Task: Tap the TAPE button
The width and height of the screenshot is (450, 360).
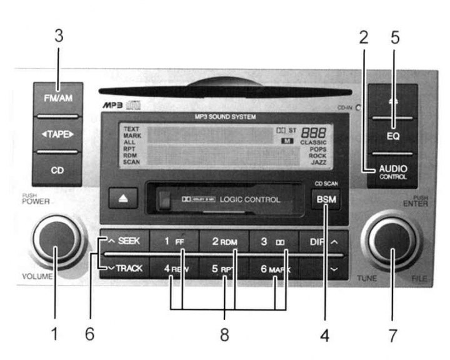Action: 57,134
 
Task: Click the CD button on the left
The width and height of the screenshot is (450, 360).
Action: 57,168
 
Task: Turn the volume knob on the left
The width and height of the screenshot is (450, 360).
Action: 57,241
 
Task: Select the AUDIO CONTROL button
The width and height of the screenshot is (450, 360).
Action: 391,171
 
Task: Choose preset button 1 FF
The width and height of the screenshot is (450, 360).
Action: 174,241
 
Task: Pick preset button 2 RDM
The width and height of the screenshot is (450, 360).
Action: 224,241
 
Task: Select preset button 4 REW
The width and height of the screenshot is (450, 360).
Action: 175,269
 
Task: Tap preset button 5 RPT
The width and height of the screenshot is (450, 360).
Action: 224,269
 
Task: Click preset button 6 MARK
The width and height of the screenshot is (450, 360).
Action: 274,269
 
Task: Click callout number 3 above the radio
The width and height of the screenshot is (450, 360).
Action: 59,36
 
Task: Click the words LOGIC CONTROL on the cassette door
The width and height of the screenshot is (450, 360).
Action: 249,200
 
